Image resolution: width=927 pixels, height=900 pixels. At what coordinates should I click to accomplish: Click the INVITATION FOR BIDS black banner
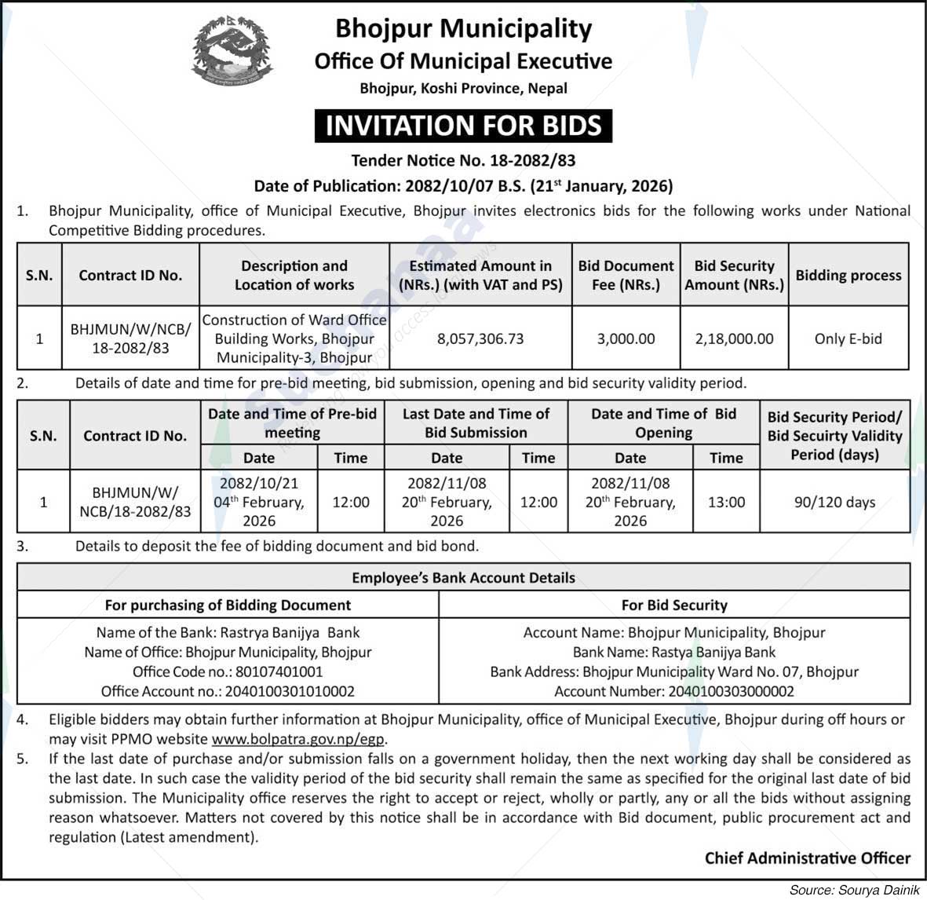point(463,126)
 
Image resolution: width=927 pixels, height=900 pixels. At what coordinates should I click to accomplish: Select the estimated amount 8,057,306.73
point(480,338)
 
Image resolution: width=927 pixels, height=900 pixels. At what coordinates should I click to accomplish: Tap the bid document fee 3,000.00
point(626,338)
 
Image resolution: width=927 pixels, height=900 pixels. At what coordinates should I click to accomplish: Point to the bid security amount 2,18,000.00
point(734,338)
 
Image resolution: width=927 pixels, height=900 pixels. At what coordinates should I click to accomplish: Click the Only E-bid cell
point(848,338)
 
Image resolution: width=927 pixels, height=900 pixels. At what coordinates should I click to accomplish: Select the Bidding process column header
point(848,275)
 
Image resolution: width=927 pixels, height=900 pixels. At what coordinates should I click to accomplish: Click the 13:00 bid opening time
point(726,502)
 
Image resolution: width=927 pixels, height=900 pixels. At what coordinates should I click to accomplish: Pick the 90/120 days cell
point(834,502)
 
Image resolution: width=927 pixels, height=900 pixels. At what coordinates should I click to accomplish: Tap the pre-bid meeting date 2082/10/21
point(259,483)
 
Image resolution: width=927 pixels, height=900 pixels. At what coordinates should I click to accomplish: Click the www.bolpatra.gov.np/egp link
point(300,739)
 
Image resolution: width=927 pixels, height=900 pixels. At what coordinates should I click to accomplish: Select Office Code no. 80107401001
point(228,671)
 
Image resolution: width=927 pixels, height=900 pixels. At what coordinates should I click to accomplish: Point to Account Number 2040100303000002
point(674,691)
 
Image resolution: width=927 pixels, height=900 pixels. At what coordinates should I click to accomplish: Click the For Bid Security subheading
point(674,605)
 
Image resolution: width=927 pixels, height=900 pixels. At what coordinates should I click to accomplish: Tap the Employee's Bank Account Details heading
point(463,577)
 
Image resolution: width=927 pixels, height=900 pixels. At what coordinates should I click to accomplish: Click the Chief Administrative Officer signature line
point(807,858)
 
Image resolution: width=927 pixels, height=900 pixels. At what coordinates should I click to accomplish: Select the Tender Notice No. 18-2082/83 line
point(463,161)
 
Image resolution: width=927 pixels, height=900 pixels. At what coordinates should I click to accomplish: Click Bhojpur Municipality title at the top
point(463,28)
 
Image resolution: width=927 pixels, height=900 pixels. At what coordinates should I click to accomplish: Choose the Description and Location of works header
point(294,275)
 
